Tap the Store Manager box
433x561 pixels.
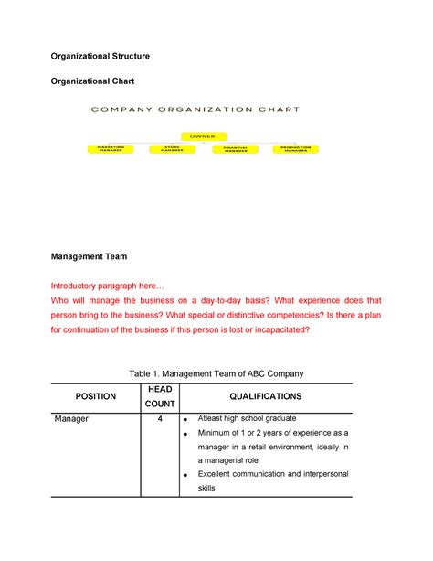(x=173, y=148)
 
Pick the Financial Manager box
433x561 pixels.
(x=235, y=148)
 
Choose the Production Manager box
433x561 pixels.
(x=296, y=148)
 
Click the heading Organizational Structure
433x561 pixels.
(x=100, y=57)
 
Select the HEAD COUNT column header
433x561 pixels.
(x=160, y=396)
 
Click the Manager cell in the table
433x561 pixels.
(x=71, y=418)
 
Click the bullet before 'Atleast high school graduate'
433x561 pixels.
(x=188, y=419)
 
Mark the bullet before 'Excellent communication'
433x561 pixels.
(x=188, y=476)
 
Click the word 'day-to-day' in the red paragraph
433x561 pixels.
(x=222, y=300)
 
